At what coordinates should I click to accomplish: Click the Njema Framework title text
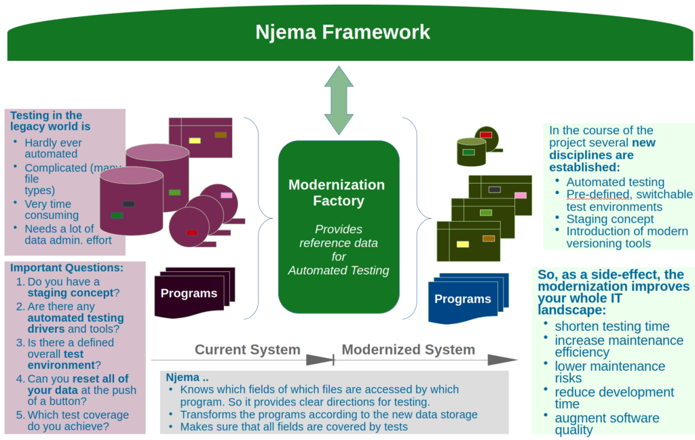click(343, 32)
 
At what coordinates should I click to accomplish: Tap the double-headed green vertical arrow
click(339, 100)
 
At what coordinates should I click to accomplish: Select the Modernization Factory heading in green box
click(337, 193)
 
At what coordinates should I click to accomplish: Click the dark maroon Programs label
click(189, 294)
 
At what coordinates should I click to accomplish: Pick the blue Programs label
click(462, 299)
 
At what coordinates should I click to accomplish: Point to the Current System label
click(247, 350)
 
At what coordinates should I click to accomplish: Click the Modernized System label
click(408, 350)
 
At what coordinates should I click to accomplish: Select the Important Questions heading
click(67, 268)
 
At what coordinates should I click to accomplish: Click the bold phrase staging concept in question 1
click(69, 293)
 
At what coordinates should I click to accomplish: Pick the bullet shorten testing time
click(612, 326)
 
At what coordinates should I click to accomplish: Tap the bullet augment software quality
click(607, 424)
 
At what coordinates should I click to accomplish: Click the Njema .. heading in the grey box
click(182, 377)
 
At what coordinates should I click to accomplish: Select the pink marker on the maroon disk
click(226, 195)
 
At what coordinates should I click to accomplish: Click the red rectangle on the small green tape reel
click(486, 135)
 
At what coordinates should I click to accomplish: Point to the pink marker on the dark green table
click(520, 195)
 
